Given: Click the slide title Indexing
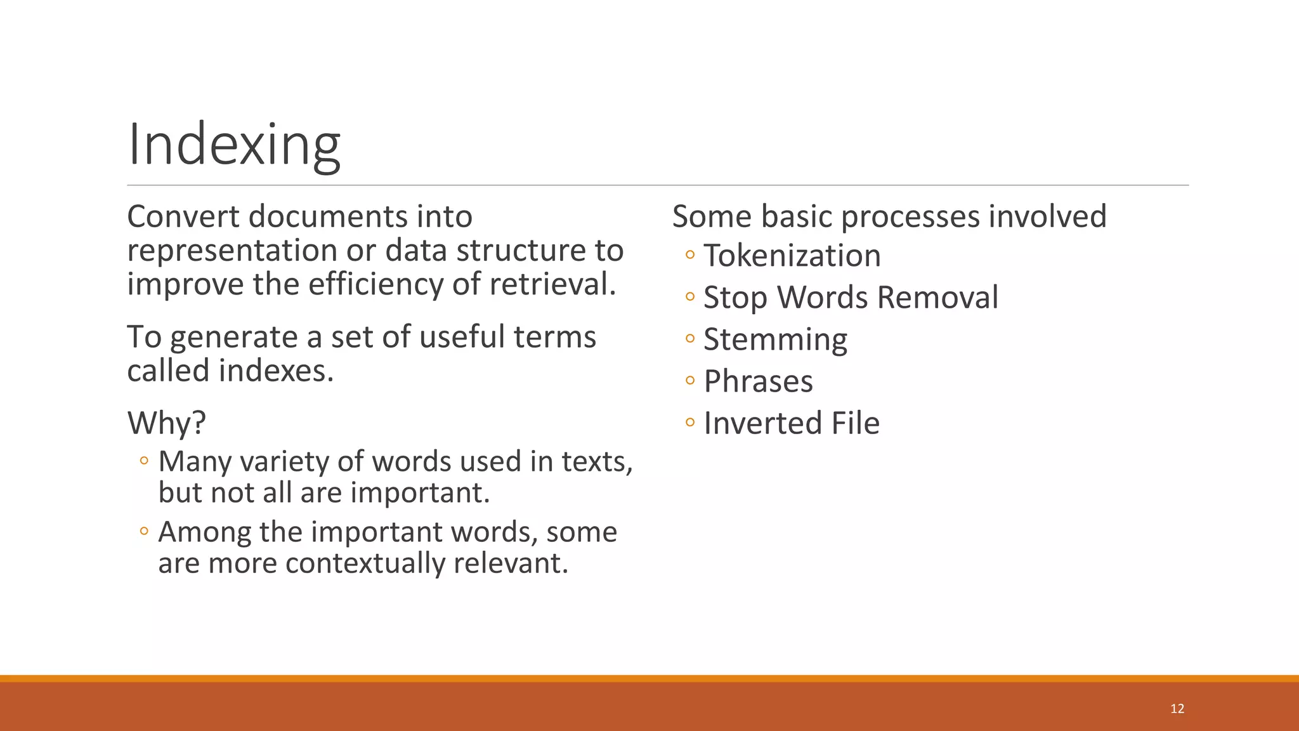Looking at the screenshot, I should (234, 145).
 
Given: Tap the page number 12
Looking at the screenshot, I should (1177, 709).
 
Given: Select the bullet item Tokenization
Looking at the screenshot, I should (792, 256).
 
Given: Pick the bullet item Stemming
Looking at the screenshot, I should (775, 339).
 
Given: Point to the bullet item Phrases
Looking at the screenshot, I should (758, 381).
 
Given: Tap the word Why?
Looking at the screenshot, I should (167, 423).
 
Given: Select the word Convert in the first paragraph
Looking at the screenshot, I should (183, 217).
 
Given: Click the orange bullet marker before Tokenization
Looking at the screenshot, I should (690, 256).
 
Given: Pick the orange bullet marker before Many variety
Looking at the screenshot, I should (144, 461).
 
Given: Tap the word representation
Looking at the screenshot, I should (232, 251).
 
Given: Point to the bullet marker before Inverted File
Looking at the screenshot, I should (690, 423).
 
